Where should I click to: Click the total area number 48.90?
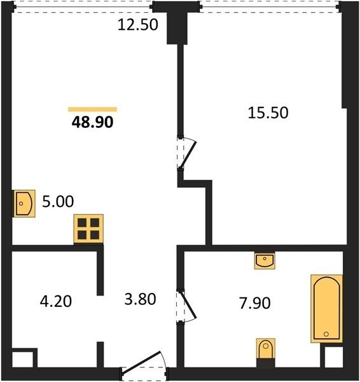(x=92, y=122)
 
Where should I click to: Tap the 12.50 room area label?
(x=138, y=25)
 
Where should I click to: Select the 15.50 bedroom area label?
(x=268, y=113)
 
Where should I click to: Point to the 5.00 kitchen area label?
(x=58, y=201)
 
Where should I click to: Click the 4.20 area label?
(x=56, y=301)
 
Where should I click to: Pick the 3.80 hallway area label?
(x=140, y=299)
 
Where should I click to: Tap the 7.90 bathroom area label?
(x=255, y=303)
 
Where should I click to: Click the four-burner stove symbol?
(x=88, y=229)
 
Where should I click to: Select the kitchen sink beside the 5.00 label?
(x=24, y=204)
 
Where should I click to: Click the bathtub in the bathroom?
(x=327, y=309)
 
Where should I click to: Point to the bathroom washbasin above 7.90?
(x=265, y=260)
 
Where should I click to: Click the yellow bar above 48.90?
(x=92, y=110)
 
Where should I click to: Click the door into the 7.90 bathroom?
(x=186, y=306)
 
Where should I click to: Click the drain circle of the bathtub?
(x=326, y=334)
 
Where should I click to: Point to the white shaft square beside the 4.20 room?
(x=23, y=359)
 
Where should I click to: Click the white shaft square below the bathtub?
(x=334, y=357)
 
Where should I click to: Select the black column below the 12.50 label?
(x=177, y=27)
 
